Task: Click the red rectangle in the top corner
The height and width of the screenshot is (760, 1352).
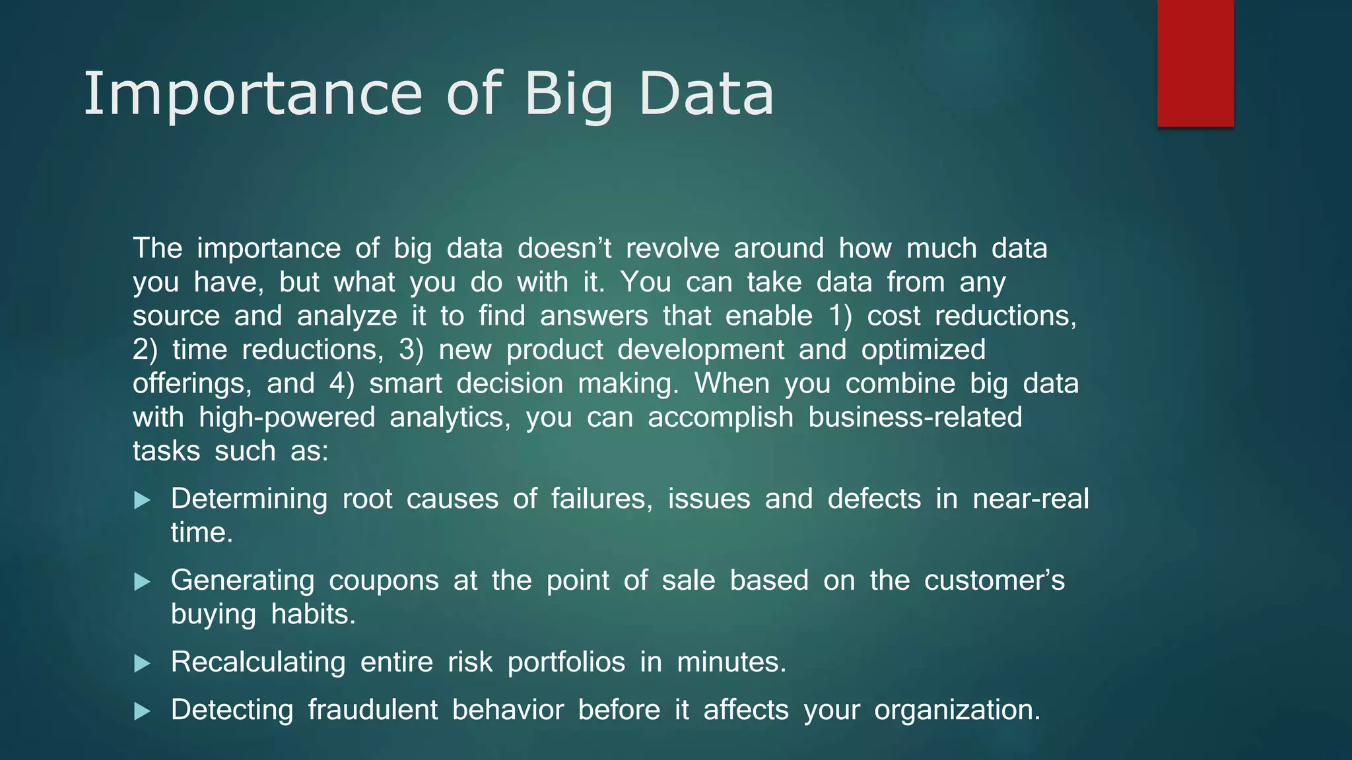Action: point(1195,63)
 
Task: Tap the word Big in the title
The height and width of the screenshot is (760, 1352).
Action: point(568,94)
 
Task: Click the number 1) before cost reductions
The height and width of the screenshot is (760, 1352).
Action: point(840,316)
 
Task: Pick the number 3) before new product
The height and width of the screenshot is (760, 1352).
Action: point(411,350)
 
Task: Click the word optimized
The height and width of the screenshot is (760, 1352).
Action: point(923,350)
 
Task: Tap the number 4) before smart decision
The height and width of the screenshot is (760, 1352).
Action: point(341,383)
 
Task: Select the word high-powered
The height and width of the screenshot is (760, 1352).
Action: point(287,418)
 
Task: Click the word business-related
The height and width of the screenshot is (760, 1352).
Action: point(915,418)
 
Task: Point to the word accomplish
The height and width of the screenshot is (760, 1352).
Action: point(720,418)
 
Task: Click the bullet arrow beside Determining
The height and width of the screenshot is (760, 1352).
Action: point(142,500)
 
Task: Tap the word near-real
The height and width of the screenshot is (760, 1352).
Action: point(1031,499)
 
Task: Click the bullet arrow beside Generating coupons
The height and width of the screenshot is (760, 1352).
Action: point(142,582)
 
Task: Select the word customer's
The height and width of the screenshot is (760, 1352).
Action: point(994,581)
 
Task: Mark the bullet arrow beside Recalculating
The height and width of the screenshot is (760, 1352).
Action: point(142,664)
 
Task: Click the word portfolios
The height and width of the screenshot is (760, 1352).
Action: point(566,662)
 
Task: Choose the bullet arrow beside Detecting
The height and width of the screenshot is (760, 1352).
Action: point(142,711)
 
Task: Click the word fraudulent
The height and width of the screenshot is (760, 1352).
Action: point(372,710)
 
